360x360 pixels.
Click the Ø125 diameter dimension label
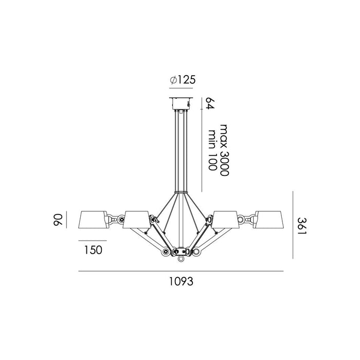click(182, 80)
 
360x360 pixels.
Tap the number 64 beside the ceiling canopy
click(209, 102)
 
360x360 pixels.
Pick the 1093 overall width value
click(181, 281)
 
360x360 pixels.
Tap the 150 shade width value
click(93, 250)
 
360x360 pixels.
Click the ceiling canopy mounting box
click(181, 103)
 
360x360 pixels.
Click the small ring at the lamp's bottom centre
click(181, 260)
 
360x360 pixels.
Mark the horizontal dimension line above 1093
click(181, 271)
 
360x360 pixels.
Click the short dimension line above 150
click(93, 240)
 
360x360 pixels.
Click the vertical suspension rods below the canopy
click(181, 149)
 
